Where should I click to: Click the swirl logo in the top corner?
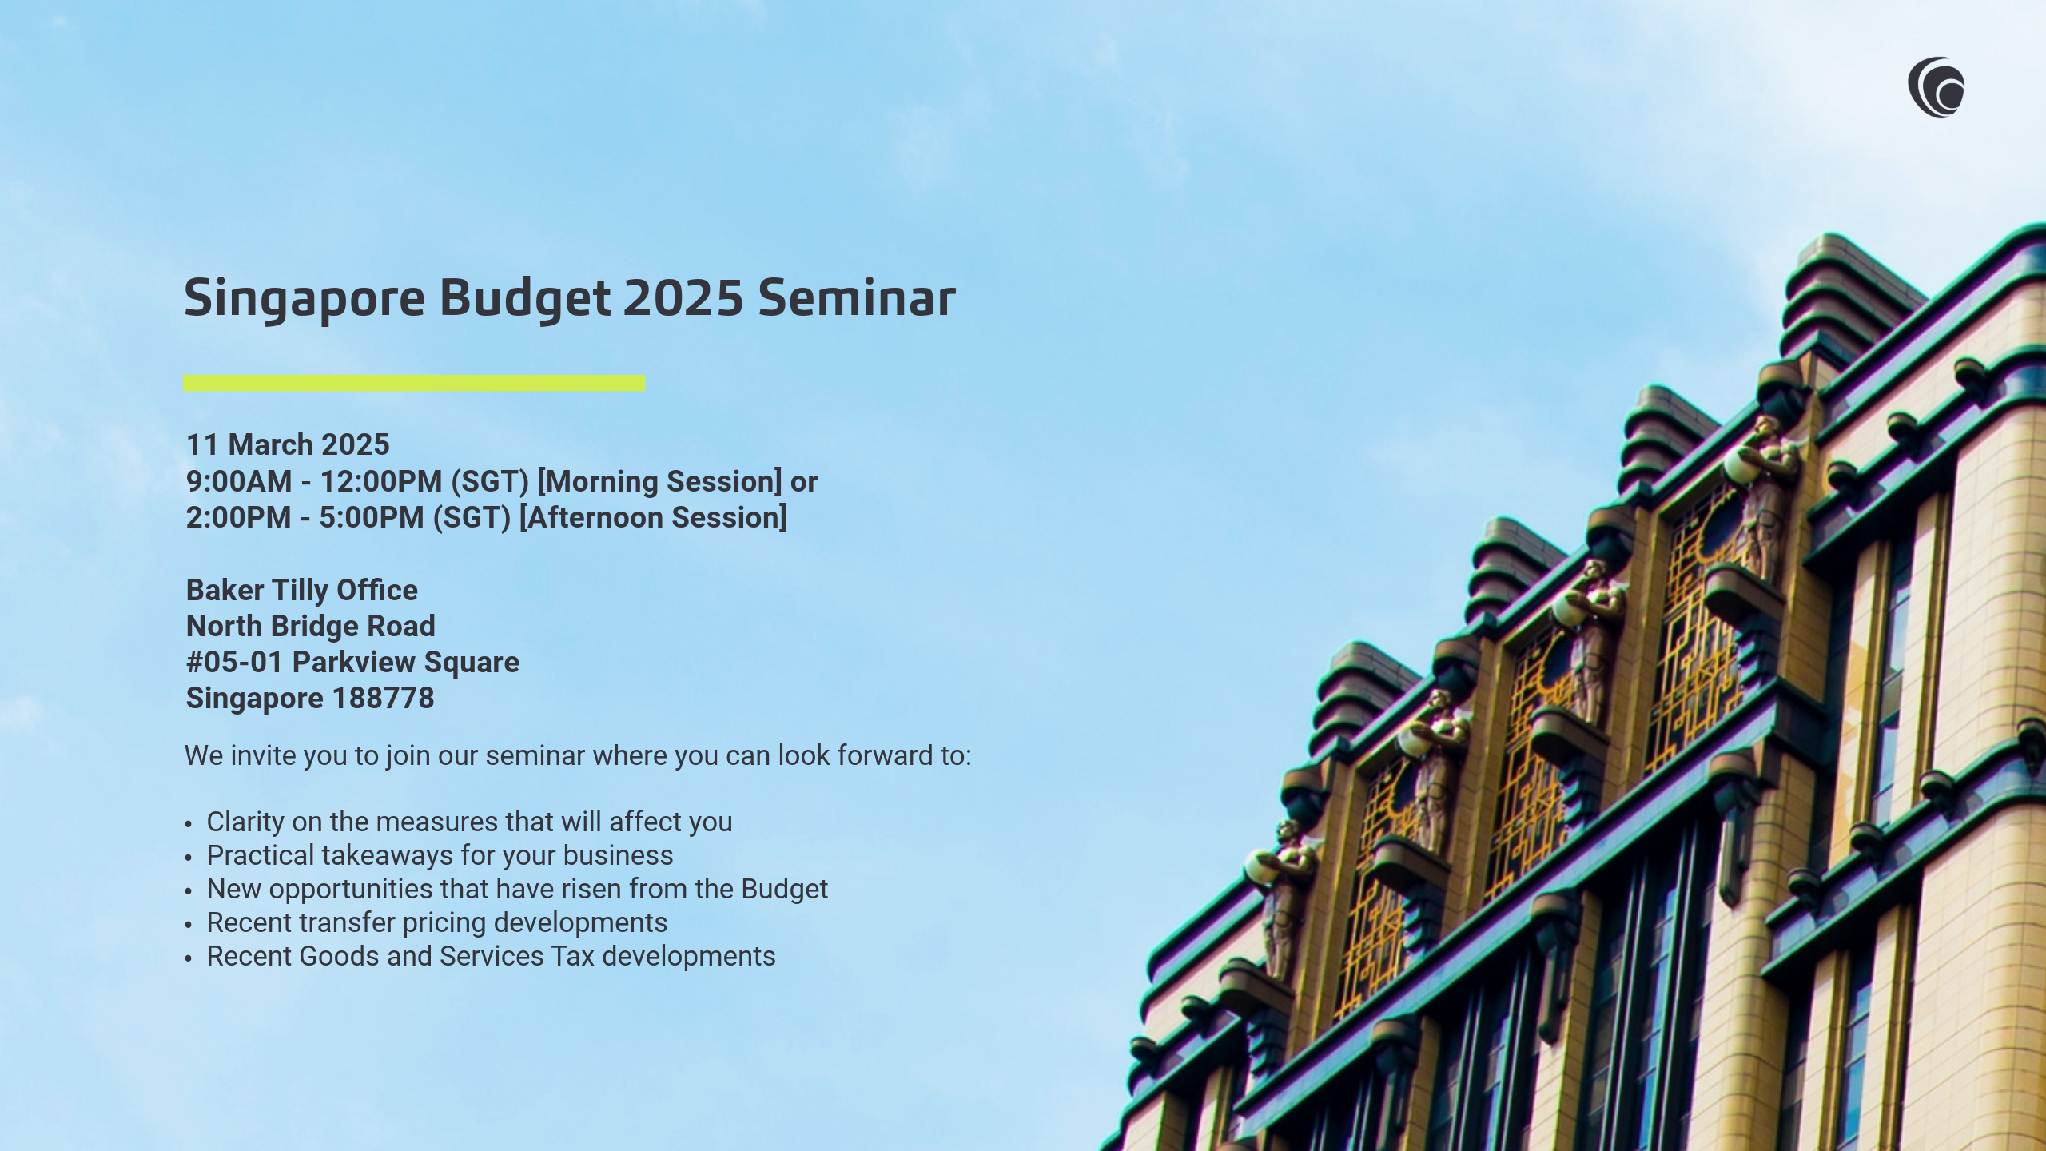(1936, 87)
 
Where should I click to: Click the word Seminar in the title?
(857, 298)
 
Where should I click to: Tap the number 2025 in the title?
(683, 298)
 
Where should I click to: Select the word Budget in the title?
(525, 300)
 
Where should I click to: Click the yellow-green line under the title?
(414, 383)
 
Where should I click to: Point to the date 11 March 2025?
(288, 444)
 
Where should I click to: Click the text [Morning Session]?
(659, 481)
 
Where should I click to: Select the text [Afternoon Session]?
(653, 517)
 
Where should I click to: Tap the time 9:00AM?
(239, 481)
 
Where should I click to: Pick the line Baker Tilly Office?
(302, 590)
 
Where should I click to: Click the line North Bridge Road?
(311, 626)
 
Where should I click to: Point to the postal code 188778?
(383, 699)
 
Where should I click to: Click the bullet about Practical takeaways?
(440, 855)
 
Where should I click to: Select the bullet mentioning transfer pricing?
(437, 922)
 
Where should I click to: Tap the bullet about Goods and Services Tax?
(491, 956)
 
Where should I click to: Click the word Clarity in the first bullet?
(245, 822)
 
